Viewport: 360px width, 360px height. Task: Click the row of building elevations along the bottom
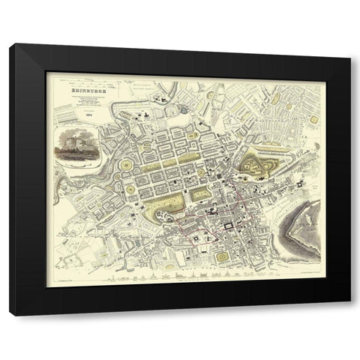pyautogui.click(x=180, y=277)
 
